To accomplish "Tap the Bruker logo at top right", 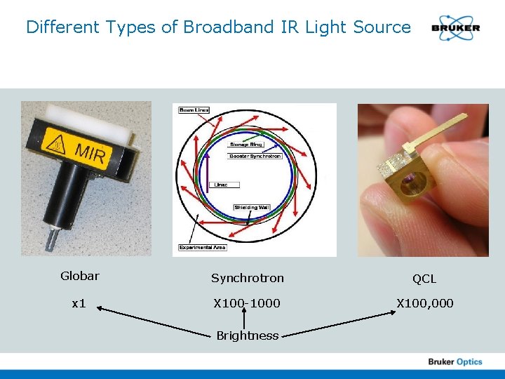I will (x=456, y=28).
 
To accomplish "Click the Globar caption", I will (x=79, y=276).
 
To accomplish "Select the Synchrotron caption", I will (x=248, y=278).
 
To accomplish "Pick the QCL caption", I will (x=424, y=279).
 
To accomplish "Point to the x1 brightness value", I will (x=79, y=303).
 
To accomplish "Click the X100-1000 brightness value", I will (x=248, y=303).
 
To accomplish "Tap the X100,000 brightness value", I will (x=425, y=303).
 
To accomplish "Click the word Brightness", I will (x=247, y=335).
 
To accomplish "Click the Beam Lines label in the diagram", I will (x=194, y=110).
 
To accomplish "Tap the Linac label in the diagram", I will (x=224, y=185).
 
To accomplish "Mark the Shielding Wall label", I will (x=252, y=208).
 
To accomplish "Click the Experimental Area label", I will (x=203, y=247).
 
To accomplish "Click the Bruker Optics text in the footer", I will (x=455, y=361).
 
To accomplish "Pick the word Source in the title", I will (x=382, y=27).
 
